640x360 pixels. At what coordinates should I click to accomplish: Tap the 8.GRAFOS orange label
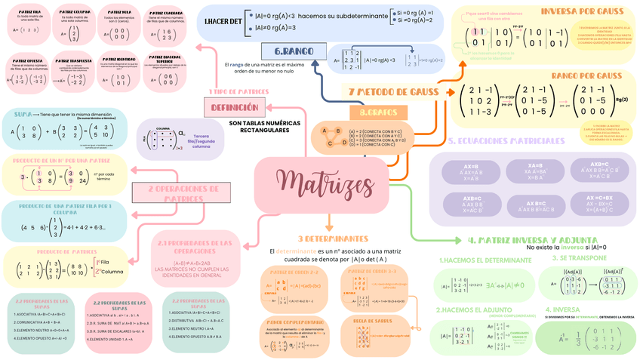click(x=378, y=112)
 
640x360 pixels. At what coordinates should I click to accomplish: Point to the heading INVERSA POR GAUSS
click(x=581, y=11)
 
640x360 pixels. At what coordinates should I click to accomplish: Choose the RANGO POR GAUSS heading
click(x=586, y=75)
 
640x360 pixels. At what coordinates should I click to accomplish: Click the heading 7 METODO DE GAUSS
click(x=393, y=91)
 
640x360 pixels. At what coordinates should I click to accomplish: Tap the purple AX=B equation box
click(x=470, y=171)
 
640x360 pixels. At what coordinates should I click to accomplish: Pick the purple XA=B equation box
click(x=535, y=171)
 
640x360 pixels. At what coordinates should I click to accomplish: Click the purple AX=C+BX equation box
click(x=600, y=204)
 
